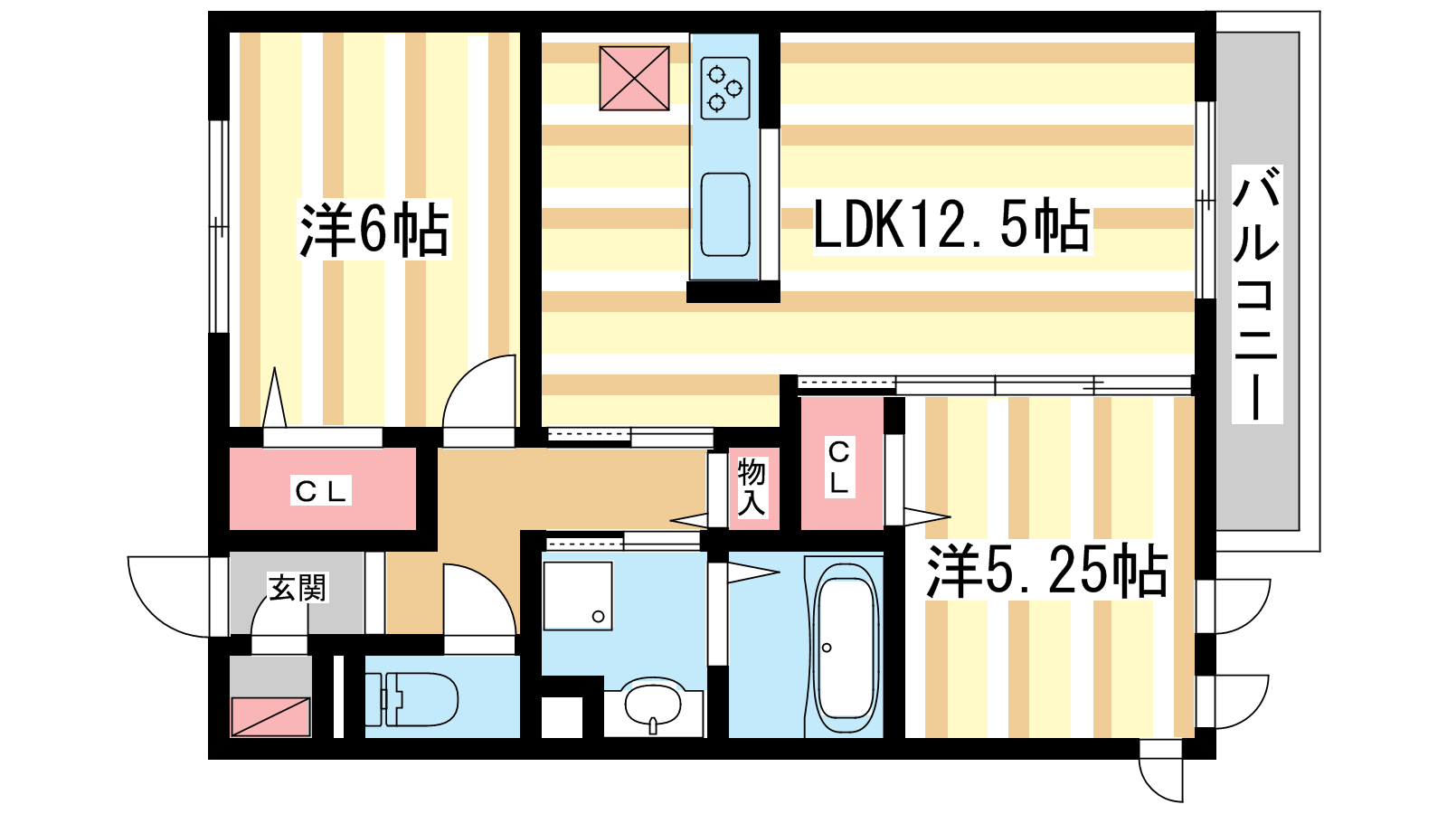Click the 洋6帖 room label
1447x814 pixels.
[x=374, y=230]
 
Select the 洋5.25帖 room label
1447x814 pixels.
[x=1046, y=571]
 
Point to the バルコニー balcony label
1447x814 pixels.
[x=1256, y=294]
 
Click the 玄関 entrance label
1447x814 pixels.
[x=298, y=587]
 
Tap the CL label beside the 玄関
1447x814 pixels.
[x=320, y=492]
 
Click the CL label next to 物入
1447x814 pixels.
[x=839, y=467]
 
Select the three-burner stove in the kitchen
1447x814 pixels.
[x=725, y=89]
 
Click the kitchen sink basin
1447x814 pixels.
[x=725, y=214]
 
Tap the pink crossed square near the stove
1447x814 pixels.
[x=634, y=78]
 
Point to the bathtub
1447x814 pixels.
[x=845, y=648]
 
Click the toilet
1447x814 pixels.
[x=411, y=699]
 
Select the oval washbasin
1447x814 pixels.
[x=653, y=705]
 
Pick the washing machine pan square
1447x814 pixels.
[x=578, y=596]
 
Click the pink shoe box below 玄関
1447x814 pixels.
[x=270, y=716]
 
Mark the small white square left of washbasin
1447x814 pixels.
[x=562, y=717]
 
